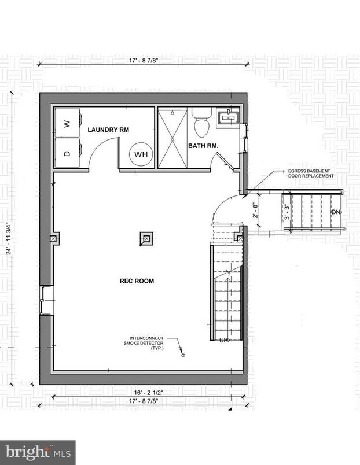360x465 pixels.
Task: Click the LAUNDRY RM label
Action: coord(108,130)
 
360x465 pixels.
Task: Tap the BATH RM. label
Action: coord(203,146)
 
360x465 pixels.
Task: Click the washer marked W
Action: coord(66,123)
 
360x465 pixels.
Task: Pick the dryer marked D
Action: coord(66,153)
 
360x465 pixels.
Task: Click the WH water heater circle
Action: coord(141,154)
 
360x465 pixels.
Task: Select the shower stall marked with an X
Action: coord(172,138)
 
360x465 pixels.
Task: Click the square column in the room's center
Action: coord(146,238)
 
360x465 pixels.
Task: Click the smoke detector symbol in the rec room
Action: coord(183,355)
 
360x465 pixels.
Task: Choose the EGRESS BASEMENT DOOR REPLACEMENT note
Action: coord(311,174)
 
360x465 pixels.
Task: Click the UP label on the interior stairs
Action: coord(223,340)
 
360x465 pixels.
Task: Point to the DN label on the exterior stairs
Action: coord(335,212)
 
